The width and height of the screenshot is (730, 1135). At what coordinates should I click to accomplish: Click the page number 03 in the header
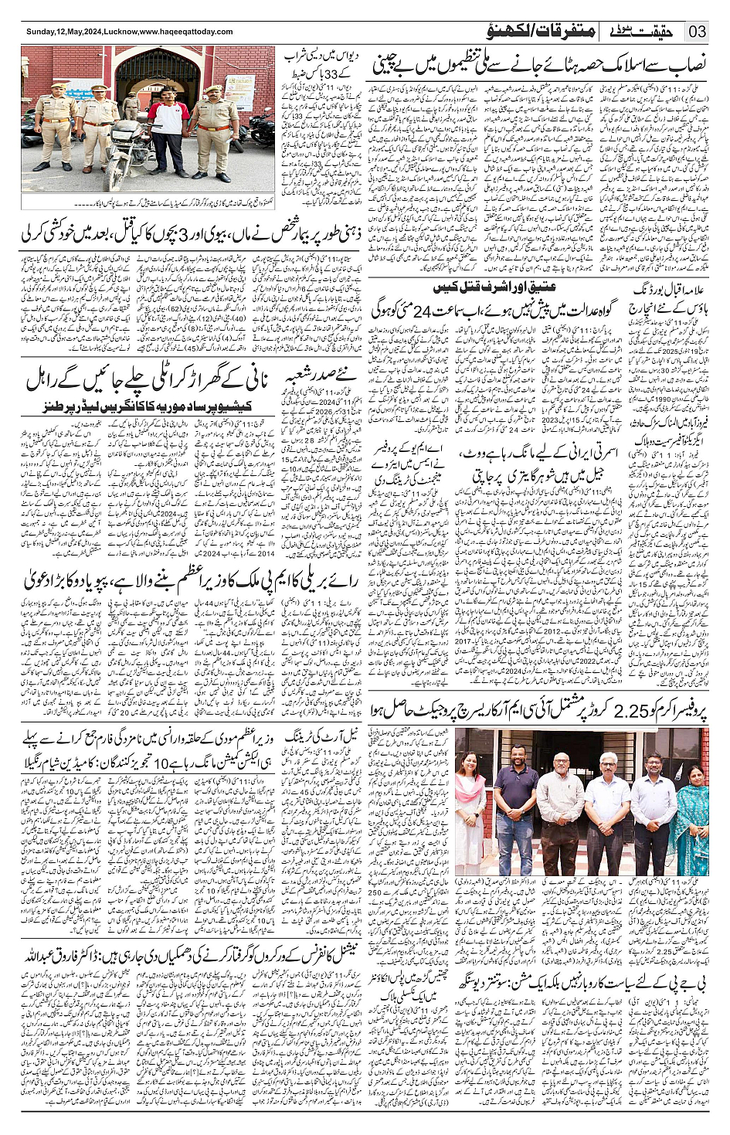tap(698, 32)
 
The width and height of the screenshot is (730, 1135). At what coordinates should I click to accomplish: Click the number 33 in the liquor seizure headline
tap(297, 76)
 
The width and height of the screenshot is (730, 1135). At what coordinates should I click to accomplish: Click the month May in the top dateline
tap(70, 32)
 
